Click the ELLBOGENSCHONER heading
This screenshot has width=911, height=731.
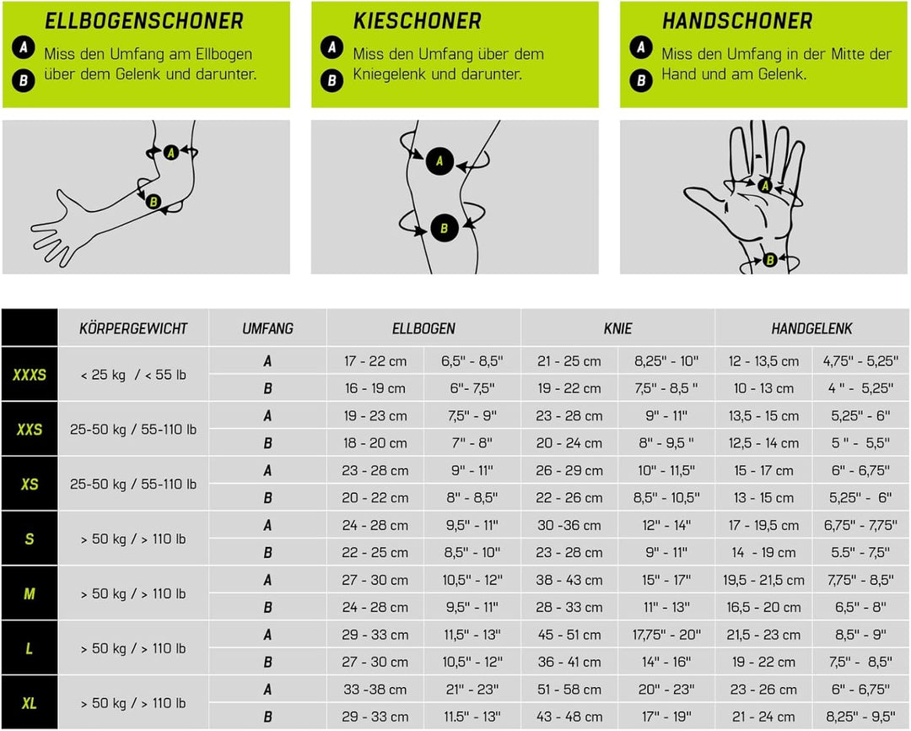click(144, 21)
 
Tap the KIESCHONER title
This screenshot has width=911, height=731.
click(418, 21)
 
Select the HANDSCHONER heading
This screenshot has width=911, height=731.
click(736, 21)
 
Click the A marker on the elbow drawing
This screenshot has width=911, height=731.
click(170, 153)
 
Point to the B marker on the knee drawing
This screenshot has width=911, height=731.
click(445, 229)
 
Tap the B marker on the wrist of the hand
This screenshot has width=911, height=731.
click(770, 260)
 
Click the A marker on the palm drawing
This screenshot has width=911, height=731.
click(765, 186)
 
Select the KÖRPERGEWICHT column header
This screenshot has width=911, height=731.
click(133, 328)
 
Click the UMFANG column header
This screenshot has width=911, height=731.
click(267, 328)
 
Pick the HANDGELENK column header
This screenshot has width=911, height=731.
click(811, 328)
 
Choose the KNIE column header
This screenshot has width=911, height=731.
click(617, 328)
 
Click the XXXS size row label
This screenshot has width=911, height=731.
click(30, 375)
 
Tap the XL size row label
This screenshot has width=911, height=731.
click(30, 703)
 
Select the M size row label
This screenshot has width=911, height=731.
click(30, 593)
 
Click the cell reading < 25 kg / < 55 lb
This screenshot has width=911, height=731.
click(133, 375)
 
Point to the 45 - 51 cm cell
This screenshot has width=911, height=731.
click(569, 635)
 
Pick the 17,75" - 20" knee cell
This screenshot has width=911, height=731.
click(666, 635)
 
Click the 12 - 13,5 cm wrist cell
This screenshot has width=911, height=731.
click(763, 361)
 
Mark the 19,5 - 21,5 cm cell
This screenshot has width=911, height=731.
click(763, 580)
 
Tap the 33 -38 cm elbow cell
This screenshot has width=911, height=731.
click(375, 689)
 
